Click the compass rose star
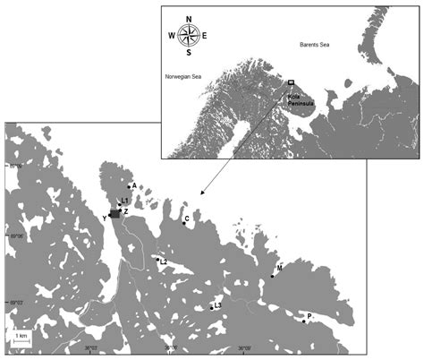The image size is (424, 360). pyautogui.click(x=189, y=36)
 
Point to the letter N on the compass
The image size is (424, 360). pyautogui.click(x=189, y=17)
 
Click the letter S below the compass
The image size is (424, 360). pyautogui.click(x=189, y=54)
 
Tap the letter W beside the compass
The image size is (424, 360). pyautogui.click(x=171, y=37)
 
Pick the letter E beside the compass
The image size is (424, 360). pyautogui.click(x=205, y=37)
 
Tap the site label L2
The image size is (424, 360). pyautogui.click(x=164, y=262)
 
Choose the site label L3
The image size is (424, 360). pyautogui.click(x=218, y=305)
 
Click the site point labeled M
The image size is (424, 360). pyautogui.click(x=272, y=277)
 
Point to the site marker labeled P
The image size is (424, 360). pyautogui.click(x=304, y=321)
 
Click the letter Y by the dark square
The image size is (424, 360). pyautogui.click(x=106, y=218)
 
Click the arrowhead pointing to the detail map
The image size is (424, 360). pyautogui.click(x=203, y=193)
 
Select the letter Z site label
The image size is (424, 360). pyautogui.click(x=126, y=211)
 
